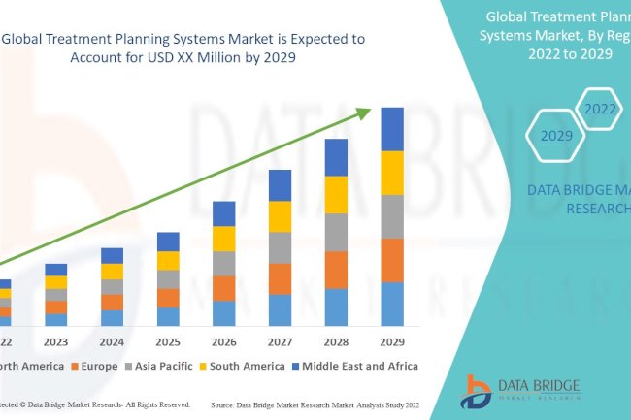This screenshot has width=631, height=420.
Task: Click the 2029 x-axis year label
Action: (x=391, y=341)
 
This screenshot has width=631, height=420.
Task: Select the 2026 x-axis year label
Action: (x=223, y=341)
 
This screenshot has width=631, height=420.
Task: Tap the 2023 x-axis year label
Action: (x=56, y=341)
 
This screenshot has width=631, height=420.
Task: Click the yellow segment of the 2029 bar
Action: (x=391, y=173)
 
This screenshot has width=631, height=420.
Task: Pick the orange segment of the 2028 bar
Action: (x=336, y=270)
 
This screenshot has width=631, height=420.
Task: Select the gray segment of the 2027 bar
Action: (x=280, y=247)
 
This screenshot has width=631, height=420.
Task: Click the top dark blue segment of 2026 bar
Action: (x=223, y=213)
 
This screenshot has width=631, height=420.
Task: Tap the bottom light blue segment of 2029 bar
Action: (x=391, y=304)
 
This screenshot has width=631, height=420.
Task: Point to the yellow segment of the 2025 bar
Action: (x=168, y=260)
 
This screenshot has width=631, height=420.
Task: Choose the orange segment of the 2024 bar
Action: (x=113, y=302)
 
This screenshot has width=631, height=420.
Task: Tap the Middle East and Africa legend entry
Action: (x=358, y=366)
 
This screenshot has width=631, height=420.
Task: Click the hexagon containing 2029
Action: (x=557, y=136)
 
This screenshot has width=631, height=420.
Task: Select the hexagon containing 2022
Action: (x=599, y=109)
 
